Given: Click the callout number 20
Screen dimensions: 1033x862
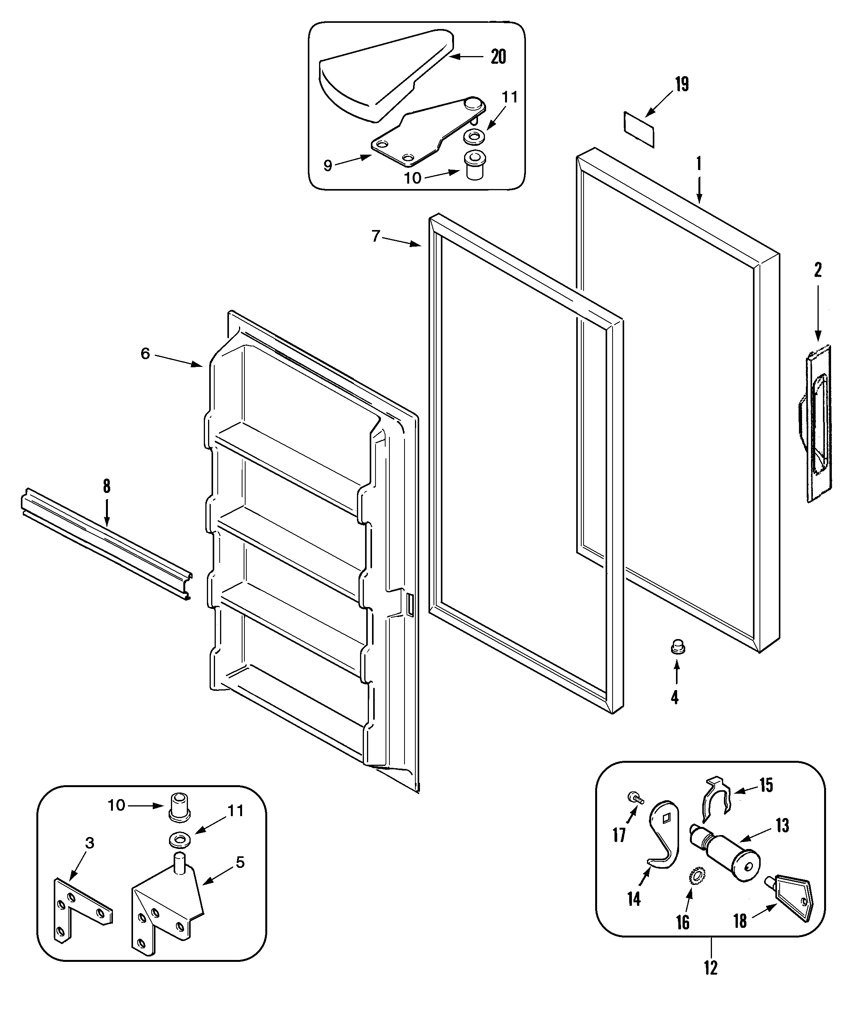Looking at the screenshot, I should [498, 57].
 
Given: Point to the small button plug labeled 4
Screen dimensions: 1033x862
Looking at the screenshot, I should [678, 647].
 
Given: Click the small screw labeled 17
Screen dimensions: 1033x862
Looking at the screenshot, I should [635, 798].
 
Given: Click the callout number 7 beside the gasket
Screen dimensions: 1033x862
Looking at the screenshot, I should [376, 237].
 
